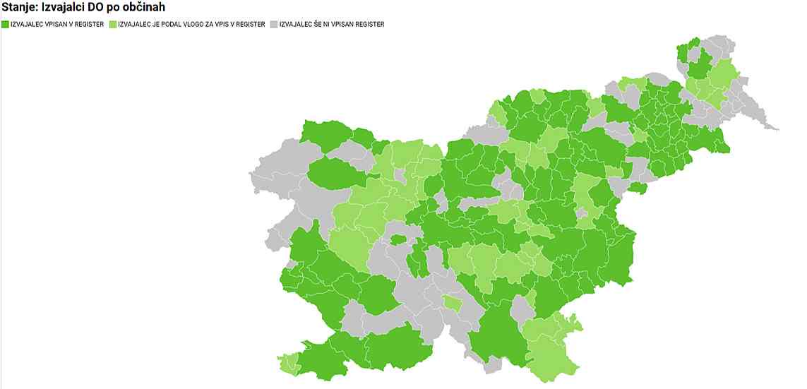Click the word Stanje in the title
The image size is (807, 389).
point(19,8)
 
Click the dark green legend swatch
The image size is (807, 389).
point(5,25)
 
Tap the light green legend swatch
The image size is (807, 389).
point(113,25)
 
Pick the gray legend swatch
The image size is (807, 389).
point(274,25)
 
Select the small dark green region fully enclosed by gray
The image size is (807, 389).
point(397,239)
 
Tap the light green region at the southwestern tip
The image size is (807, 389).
point(287,363)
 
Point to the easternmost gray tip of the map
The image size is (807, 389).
point(776,129)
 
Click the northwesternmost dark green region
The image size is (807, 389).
point(326,133)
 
